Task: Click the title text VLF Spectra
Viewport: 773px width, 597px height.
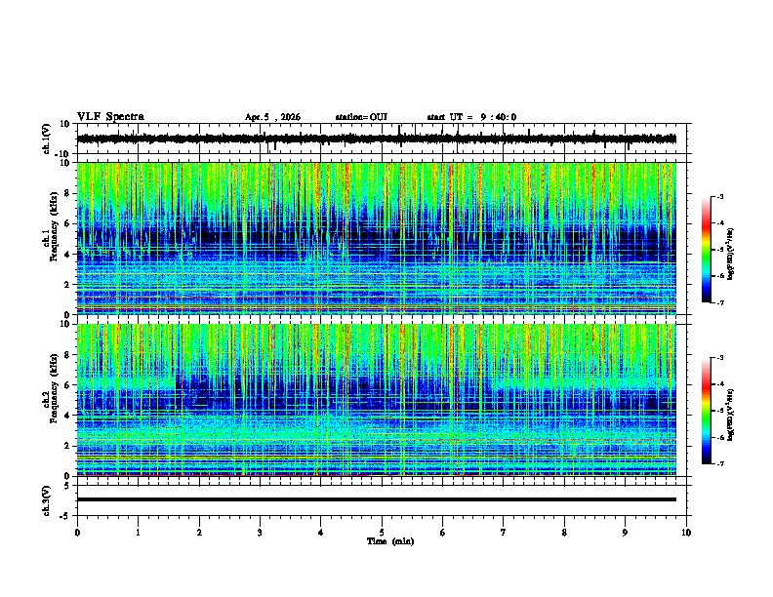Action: [x=110, y=117]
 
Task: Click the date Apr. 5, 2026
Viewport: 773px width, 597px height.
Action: [x=272, y=117]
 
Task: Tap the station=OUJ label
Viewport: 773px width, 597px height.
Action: [x=361, y=117]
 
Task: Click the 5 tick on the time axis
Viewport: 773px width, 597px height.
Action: [x=382, y=533]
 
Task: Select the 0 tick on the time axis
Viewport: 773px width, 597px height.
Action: [x=77, y=533]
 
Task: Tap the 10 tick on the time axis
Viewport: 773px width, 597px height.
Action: [x=686, y=533]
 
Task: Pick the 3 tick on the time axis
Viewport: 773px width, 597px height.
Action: [x=260, y=533]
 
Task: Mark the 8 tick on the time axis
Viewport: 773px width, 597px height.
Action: [x=564, y=533]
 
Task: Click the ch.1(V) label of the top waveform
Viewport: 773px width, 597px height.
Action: [x=47, y=139]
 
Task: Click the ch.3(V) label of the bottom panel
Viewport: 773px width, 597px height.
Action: [x=47, y=499]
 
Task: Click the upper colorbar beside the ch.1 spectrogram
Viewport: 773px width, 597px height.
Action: [x=707, y=251]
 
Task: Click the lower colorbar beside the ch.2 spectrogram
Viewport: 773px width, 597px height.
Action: [x=707, y=412]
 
